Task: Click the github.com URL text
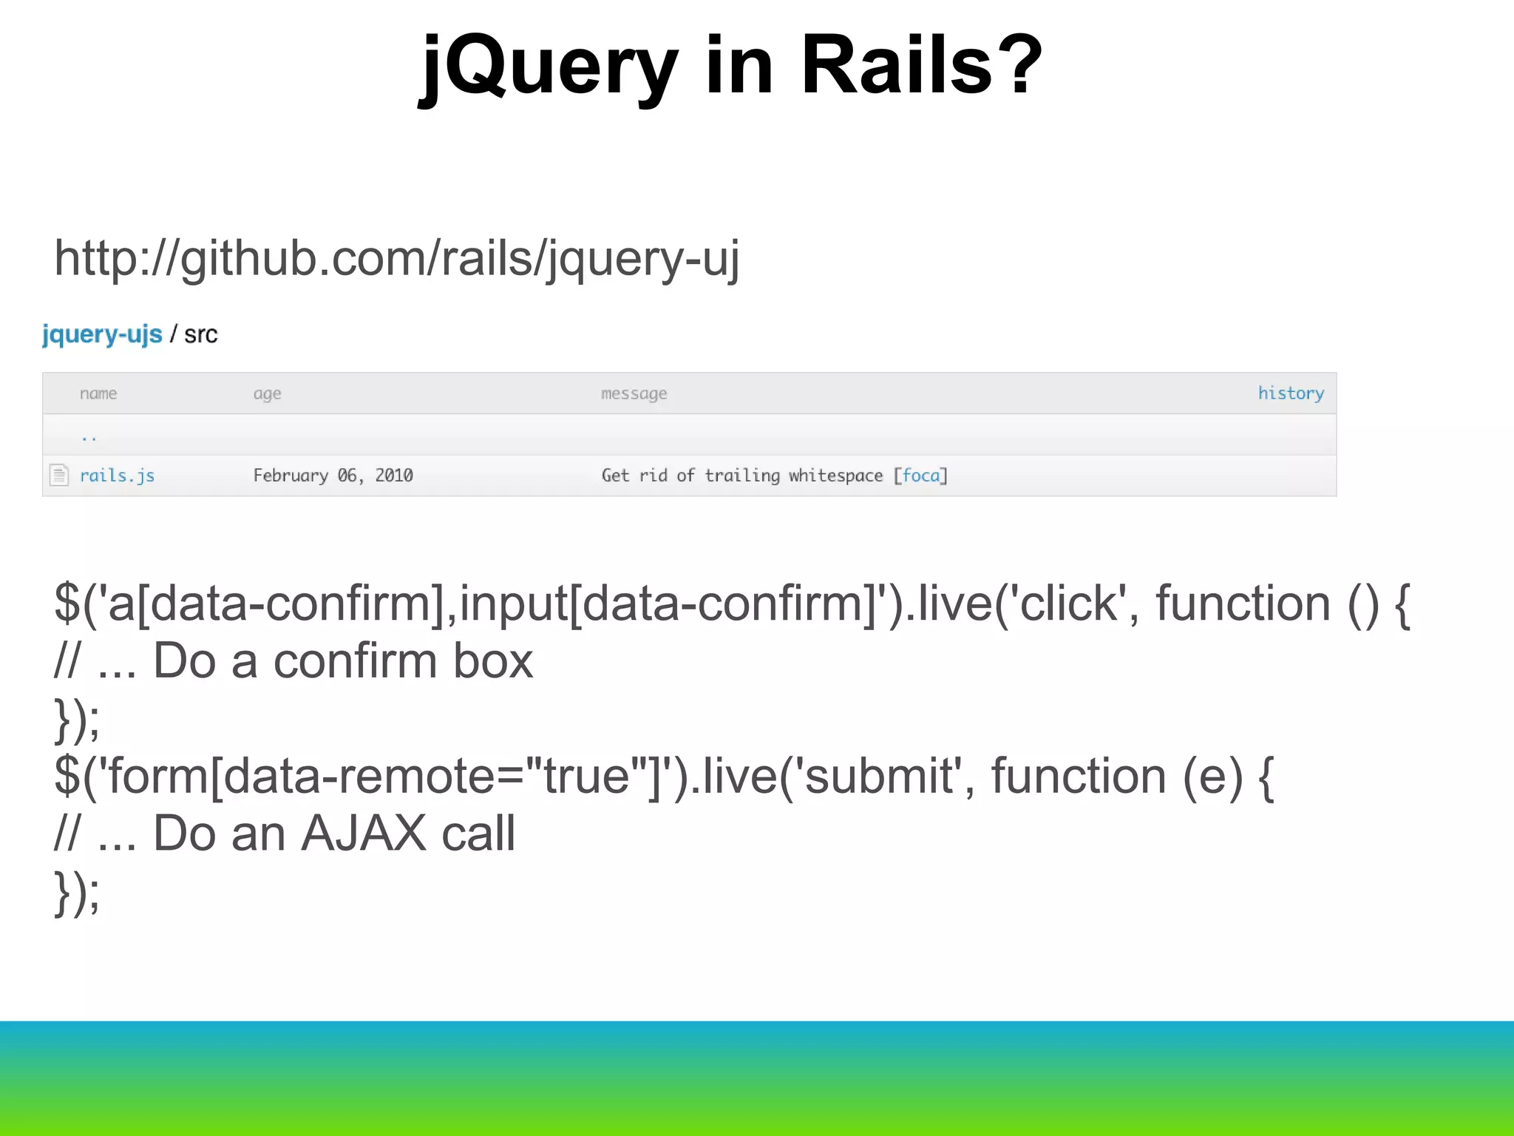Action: click(396, 259)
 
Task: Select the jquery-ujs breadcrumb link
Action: click(102, 334)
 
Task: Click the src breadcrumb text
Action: click(200, 335)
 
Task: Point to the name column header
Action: click(98, 393)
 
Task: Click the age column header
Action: click(267, 393)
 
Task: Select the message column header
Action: click(634, 393)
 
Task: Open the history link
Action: click(1291, 393)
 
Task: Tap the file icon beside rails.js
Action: click(59, 475)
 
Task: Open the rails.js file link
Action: click(117, 476)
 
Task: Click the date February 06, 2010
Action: click(333, 476)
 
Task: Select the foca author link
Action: click(920, 476)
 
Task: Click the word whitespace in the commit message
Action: click(835, 476)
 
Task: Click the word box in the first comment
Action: click(492, 660)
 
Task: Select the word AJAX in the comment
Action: click(364, 834)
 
